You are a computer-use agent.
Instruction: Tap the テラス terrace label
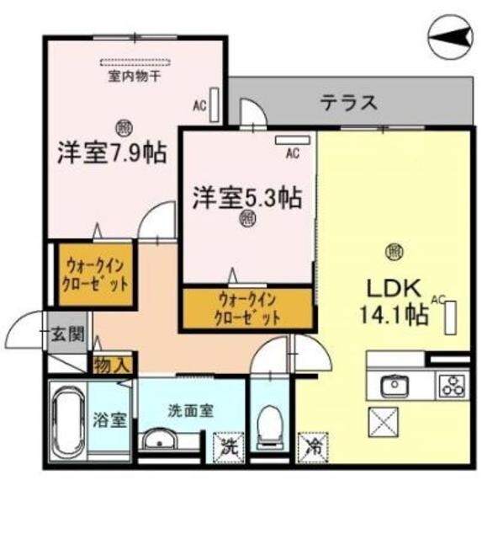[x=347, y=103]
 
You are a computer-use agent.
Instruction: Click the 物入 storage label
[x=111, y=364]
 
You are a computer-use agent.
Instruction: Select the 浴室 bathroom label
[x=110, y=419]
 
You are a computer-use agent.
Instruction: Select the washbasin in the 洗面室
[x=159, y=441]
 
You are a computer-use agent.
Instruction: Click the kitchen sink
[x=394, y=386]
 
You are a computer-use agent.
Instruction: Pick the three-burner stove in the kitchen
[x=453, y=386]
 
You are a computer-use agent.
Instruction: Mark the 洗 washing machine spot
[x=227, y=445]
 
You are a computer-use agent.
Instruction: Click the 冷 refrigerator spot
[x=310, y=445]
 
